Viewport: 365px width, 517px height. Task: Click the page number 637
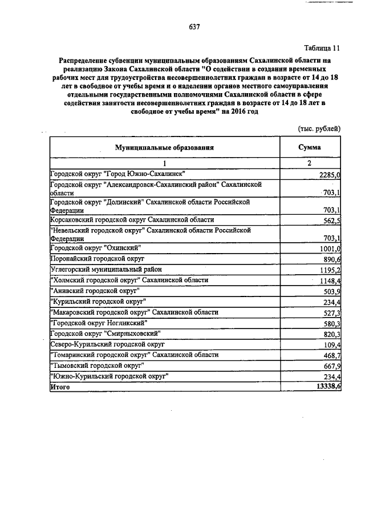tap(194, 27)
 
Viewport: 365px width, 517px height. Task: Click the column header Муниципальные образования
tap(164, 147)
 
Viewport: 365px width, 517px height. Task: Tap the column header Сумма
tap(310, 147)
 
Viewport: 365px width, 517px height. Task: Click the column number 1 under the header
tap(164, 163)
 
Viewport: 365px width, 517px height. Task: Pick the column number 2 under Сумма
tap(310, 163)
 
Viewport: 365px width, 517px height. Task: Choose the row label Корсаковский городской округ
tap(132, 219)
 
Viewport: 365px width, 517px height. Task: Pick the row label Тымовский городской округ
tap(97, 364)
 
